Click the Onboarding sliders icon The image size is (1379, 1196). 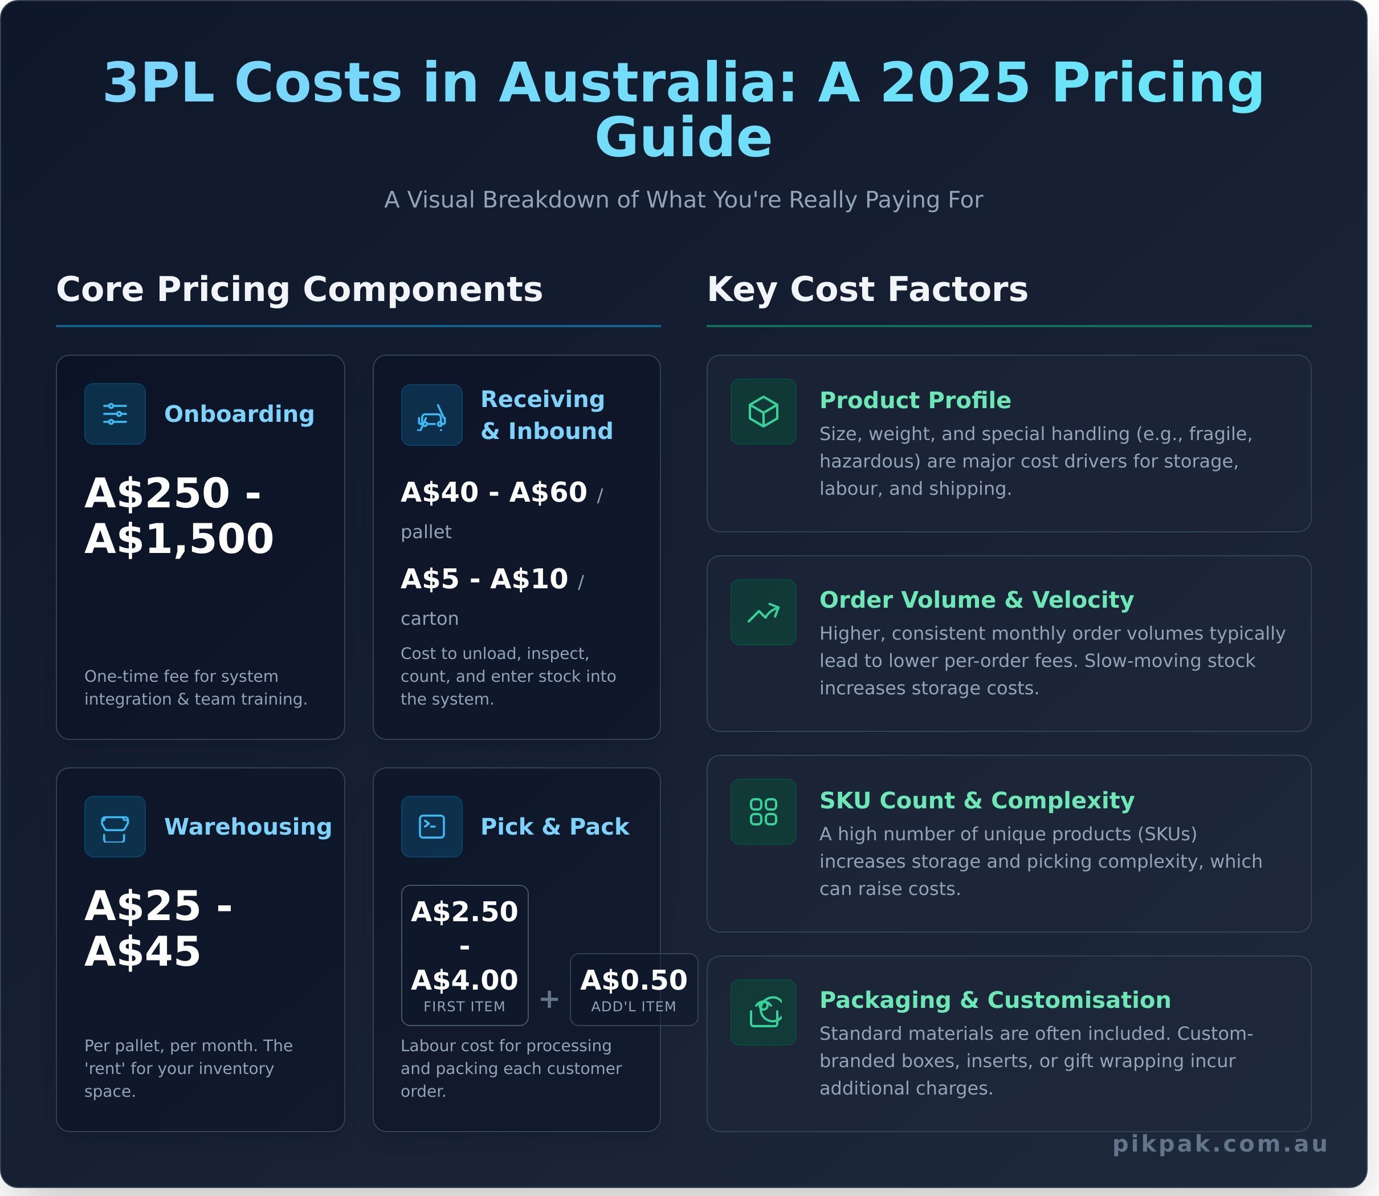tap(115, 414)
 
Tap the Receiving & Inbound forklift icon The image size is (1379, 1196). tap(431, 415)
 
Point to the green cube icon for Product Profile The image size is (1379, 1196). tap(763, 412)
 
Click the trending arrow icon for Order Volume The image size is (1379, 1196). tap(763, 612)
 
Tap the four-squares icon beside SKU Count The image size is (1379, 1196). tap(763, 812)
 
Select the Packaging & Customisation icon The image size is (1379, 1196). tap(763, 1012)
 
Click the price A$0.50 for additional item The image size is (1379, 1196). tap(634, 980)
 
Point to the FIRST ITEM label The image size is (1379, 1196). tap(464, 1007)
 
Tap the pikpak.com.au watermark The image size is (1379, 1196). tap(1220, 1144)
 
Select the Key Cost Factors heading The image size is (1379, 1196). tap(867, 290)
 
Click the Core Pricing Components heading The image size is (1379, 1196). tap(300, 290)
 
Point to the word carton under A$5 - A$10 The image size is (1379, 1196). tap(430, 619)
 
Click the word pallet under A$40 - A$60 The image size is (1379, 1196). tap(426, 532)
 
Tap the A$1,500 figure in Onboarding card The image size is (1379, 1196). tap(179, 539)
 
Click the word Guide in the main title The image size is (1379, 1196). tap(684, 137)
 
